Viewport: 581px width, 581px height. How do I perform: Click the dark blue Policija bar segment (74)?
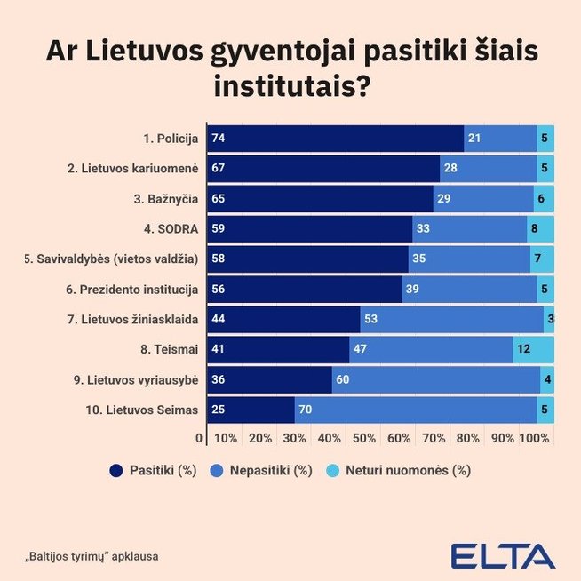335,139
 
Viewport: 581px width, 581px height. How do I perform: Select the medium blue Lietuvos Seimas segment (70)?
415,410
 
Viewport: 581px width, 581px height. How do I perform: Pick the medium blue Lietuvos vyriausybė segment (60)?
435,380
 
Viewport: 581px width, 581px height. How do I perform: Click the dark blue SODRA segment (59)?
309,229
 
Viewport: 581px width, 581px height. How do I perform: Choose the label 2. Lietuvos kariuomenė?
132,169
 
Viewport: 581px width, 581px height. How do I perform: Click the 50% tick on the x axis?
364,439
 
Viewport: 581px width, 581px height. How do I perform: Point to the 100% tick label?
535,439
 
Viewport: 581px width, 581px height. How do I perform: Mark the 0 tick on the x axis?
199,439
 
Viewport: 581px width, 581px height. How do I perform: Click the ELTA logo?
503,556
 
